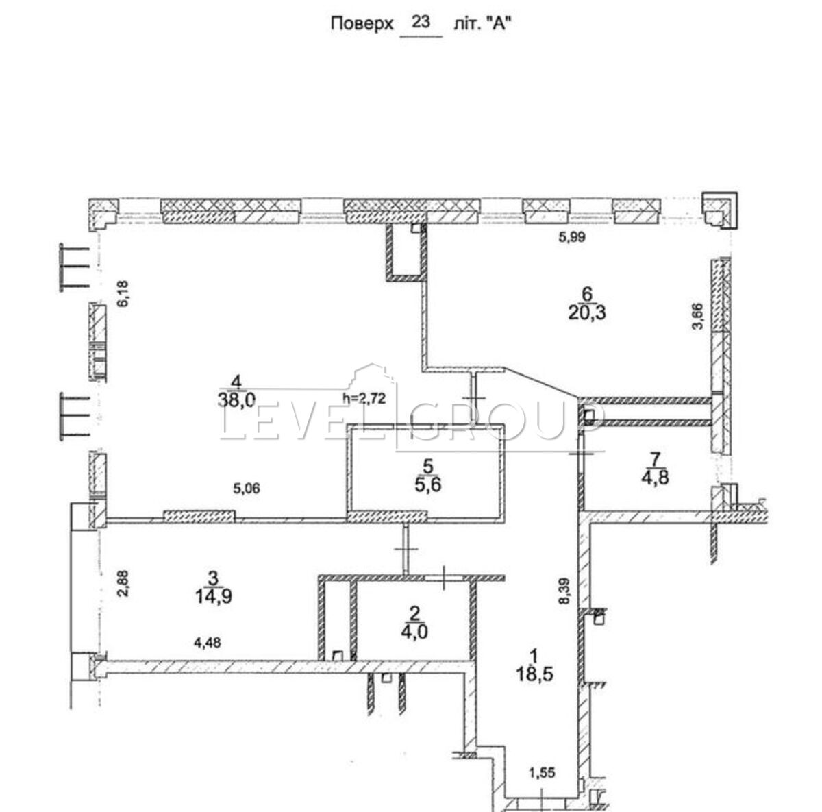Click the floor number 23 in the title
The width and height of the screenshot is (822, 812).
click(x=421, y=21)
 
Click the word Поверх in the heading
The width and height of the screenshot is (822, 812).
click(x=361, y=23)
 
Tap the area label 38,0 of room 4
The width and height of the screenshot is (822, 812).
click(x=237, y=400)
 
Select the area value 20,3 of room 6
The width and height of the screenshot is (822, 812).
click(x=587, y=314)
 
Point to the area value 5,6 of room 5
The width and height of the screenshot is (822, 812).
click(x=429, y=485)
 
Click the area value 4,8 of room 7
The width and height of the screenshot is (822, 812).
click(x=656, y=478)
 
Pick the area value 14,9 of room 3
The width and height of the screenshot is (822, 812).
click(x=214, y=596)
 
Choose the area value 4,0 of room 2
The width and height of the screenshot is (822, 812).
click(x=414, y=632)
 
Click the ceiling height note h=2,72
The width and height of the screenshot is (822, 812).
click(x=364, y=398)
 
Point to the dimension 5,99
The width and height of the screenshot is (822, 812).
click(x=572, y=237)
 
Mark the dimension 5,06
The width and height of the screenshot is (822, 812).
click(x=247, y=489)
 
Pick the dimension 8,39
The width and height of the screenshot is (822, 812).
click(x=566, y=591)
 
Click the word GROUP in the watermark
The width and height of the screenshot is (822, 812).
click(x=506, y=421)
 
